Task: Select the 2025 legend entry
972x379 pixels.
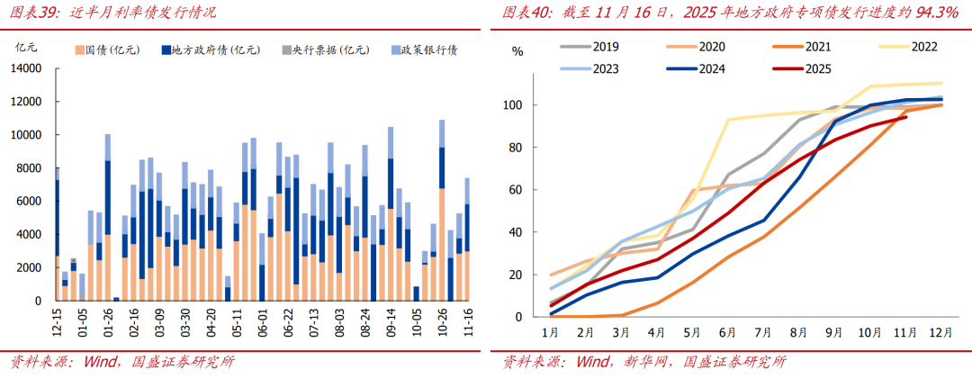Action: tap(818, 68)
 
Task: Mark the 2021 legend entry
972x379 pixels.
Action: tap(818, 46)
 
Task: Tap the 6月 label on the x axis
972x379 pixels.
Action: tap(726, 333)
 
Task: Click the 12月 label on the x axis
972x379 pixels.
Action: tap(940, 333)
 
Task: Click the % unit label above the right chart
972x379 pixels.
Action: tap(517, 50)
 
